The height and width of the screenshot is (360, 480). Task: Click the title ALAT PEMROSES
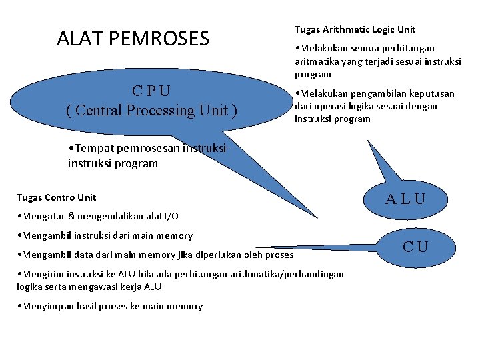point(133,39)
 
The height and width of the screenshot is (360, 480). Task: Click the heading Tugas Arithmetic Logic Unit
point(355,29)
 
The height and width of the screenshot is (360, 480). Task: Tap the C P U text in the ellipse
point(151,91)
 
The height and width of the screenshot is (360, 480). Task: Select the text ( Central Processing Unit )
point(151,110)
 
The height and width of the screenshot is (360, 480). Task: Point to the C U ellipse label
point(415,247)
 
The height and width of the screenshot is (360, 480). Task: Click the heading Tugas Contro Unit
point(56,197)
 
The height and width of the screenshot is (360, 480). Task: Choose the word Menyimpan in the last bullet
point(45,306)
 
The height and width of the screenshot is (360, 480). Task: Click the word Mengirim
point(41,274)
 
